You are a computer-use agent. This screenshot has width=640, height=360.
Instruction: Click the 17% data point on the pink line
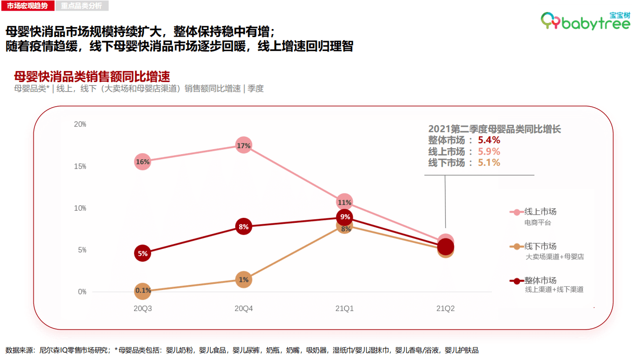244,145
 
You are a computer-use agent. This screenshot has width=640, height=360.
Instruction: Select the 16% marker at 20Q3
143,162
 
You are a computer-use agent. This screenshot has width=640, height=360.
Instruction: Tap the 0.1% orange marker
143,290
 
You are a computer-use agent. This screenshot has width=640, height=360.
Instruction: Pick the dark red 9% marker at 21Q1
345,217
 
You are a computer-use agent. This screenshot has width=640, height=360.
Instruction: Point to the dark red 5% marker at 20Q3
143,253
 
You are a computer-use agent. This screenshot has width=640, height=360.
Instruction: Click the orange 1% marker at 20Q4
244,280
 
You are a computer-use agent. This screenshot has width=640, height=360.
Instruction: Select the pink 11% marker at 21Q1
344,202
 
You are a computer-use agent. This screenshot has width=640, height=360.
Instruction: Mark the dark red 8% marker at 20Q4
244,227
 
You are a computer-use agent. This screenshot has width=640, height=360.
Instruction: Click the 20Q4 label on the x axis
244,308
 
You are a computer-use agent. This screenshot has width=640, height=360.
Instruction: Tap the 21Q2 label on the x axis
445,308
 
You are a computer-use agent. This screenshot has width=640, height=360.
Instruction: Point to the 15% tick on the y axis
80,166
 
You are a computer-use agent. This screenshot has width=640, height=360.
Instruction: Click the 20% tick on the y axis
80,124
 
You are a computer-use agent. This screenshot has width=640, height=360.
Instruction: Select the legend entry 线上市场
540,212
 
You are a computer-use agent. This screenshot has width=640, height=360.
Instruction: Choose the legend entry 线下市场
540,246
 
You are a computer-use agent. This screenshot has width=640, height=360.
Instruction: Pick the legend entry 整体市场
540,280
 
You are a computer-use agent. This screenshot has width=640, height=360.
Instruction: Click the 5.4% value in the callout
489,140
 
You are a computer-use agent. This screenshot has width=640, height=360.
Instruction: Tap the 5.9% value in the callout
489,151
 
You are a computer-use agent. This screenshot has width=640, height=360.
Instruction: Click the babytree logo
585,22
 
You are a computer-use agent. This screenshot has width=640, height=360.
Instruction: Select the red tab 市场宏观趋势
27,6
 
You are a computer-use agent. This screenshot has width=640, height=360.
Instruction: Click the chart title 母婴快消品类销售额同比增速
92,77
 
